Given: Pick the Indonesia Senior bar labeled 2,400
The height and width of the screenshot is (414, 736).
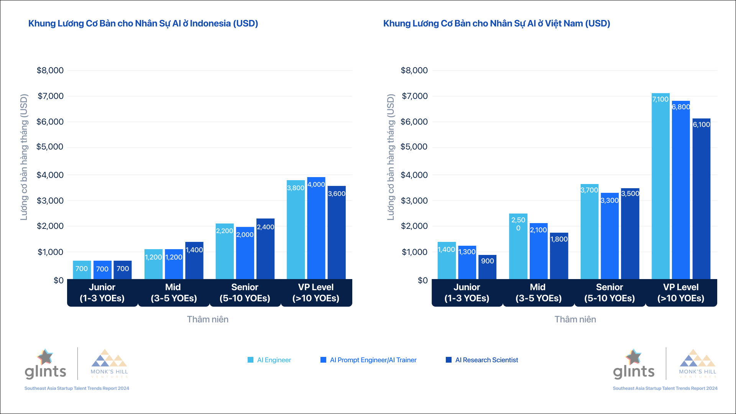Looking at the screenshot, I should tap(265, 249).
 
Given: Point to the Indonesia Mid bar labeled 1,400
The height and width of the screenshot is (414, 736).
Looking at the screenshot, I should tap(194, 260).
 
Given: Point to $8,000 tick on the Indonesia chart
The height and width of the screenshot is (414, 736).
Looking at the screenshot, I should tap(50, 71).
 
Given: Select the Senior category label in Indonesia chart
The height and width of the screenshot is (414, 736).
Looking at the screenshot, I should tap(245, 292).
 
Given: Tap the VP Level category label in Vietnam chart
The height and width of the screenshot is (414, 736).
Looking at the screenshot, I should tap(681, 292).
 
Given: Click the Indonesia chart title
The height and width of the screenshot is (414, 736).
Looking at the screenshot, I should tap(143, 23).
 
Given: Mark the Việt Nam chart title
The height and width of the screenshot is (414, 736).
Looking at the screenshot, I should tap(496, 23).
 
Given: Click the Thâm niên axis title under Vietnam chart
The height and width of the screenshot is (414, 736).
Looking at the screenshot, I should tap(575, 319).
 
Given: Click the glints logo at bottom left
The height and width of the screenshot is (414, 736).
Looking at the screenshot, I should tap(45, 365).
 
